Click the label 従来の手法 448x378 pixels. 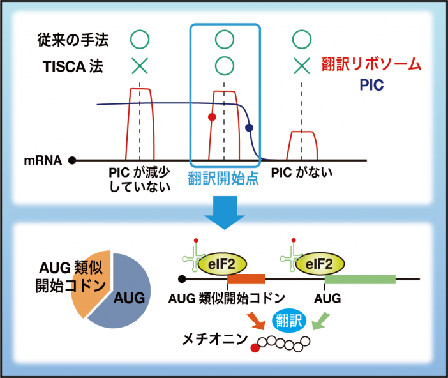71,41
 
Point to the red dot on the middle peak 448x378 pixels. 212,117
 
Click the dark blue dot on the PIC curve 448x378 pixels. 250,127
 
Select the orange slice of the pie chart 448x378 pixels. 89,281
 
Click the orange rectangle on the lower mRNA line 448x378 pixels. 246,279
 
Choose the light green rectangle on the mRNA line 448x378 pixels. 360,279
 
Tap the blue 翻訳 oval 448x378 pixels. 290,319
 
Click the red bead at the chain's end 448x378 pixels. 256,348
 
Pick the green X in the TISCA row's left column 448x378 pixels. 140,64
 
